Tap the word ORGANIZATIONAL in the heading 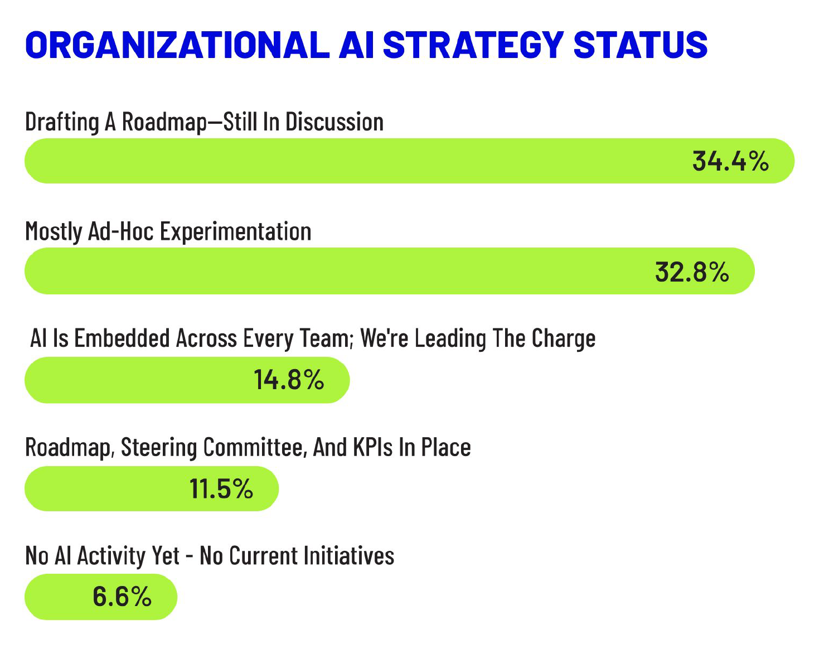(177, 45)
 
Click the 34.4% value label (730, 161)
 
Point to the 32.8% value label (692, 272)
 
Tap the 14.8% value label (289, 380)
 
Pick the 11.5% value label (221, 489)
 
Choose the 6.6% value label (122, 597)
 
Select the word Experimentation (235, 231)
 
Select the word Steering (159, 447)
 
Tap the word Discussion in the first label (334, 122)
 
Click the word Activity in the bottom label (128, 556)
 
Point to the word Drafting (62, 122)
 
